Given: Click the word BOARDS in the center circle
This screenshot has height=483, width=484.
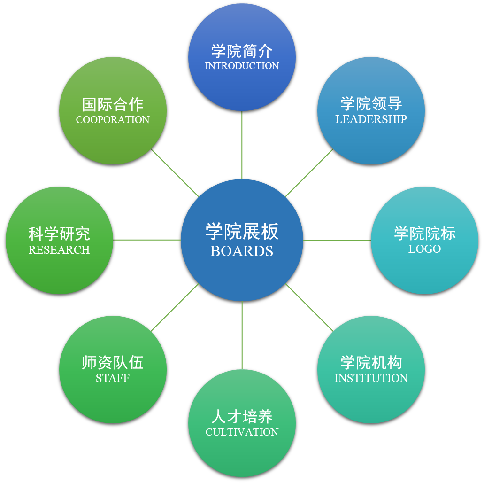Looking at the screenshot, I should pyautogui.click(x=242, y=251).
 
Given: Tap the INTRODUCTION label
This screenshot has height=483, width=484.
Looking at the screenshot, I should pyautogui.click(x=242, y=66).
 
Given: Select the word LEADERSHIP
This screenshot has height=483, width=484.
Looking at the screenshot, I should pyautogui.click(x=371, y=119).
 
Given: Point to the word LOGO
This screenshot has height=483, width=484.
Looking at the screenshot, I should pyautogui.click(x=424, y=249).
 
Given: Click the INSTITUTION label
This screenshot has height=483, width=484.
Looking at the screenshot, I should pyautogui.click(x=371, y=378).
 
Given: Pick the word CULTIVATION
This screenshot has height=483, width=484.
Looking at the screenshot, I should pyautogui.click(x=242, y=432).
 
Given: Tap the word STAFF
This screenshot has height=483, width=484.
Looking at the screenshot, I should pyautogui.click(x=113, y=378).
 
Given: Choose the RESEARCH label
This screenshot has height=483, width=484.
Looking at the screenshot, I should pyautogui.click(x=59, y=250).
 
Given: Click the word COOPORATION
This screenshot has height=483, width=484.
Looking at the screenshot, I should pyautogui.click(x=113, y=120).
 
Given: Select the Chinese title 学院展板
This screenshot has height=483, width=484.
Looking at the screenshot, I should pyautogui.click(x=242, y=232).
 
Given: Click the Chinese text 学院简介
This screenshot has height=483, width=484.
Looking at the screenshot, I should pyautogui.click(x=242, y=51).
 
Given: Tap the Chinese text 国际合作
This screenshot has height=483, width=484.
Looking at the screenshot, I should pyautogui.click(x=113, y=104).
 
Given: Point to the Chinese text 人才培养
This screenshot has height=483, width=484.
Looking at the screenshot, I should pyautogui.click(x=242, y=417).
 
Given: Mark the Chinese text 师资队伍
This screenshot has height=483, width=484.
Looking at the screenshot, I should pyautogui.click(x=113, y=363).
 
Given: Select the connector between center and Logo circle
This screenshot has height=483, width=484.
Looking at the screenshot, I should pyautogui.click(x=337, y=240).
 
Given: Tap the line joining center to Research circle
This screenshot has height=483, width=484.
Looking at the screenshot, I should pyautogui.click(x=147, y=240).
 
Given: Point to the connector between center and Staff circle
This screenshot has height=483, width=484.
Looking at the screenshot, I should pyautogui.click(x=175, y=307).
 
